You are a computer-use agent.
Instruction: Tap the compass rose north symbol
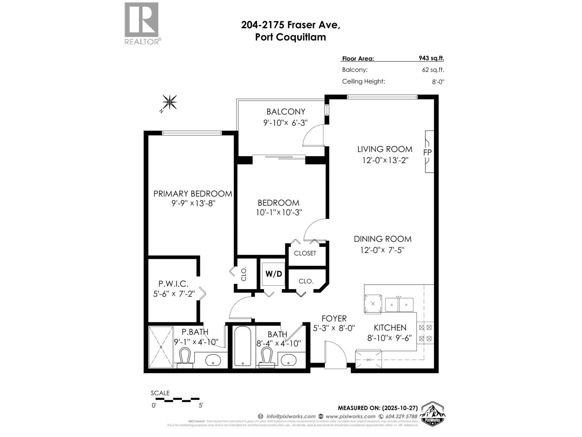point(169,102)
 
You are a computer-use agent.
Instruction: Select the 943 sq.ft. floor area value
point(431,58)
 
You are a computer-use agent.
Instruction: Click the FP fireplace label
point(427,152)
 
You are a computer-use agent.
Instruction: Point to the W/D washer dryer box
point(274,274)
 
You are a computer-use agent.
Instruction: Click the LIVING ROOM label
point(384,149)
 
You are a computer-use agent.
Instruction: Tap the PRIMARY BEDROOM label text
point(192,194)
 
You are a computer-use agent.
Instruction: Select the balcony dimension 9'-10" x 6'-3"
point(286,123)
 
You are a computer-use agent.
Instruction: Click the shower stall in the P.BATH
point(161,347)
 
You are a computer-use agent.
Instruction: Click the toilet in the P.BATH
point(185,358)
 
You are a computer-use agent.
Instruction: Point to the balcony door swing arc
point(314,136)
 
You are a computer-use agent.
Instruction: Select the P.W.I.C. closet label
point(173,283)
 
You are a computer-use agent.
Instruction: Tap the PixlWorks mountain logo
point(433,413)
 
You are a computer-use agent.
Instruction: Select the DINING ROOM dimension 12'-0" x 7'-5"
point(382,250)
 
